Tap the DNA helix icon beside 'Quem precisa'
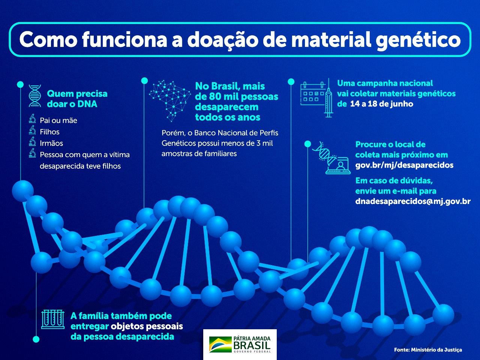pos(35,96)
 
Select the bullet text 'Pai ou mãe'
pos(58,120)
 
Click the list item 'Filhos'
pos(49,132)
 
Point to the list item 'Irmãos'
pos(51,143)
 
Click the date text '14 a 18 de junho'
pos(381,104)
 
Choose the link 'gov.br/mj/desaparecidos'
pos(404,165)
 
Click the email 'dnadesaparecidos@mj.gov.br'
pos(412,201)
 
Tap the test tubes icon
pos(53,319)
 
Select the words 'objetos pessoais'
pos(147,326)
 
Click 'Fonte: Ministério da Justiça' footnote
pos(427,349)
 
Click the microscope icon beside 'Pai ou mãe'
pos(33,119)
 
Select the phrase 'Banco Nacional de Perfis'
pos(236,133)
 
